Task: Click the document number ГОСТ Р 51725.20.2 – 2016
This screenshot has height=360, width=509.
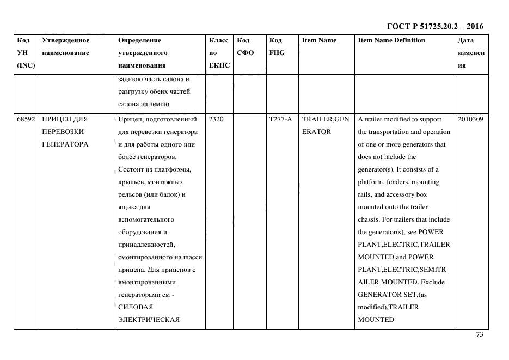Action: click(435, 26)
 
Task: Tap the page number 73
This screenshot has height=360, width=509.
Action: click(479, 334)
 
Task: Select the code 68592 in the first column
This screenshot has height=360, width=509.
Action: click(26, 119)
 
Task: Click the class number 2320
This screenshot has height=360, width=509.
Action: click(216, 119)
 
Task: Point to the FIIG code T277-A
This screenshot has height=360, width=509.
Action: click(281, 119)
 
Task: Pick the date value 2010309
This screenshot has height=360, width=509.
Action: click(470, 119)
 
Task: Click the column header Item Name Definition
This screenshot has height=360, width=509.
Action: click(391, 40)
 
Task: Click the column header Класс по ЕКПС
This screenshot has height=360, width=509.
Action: click(219, 53)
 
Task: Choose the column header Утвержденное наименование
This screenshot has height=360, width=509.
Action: click(66, 47)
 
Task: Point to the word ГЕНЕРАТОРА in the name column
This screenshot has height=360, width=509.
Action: click(65, 144)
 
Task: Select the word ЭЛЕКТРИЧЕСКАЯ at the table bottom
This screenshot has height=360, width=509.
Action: click(149, 320)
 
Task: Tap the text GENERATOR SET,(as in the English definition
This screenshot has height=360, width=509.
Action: click(391, 295)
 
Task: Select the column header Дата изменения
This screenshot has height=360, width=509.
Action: click(470, 53)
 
